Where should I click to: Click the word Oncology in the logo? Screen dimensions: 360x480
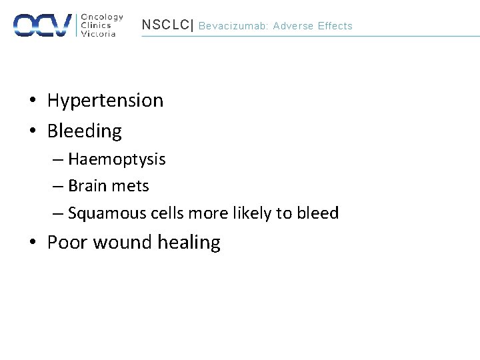[101, 17]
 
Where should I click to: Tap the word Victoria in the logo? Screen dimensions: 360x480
[98, 34]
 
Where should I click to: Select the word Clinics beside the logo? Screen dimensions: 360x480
[95, 25]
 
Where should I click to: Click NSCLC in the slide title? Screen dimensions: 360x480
[165, 25]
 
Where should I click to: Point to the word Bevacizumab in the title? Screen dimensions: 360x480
[228, 26]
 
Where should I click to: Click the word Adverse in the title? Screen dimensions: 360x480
[293, 26]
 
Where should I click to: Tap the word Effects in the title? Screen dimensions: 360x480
[335, 26]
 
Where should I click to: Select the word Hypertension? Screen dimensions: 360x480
[105, 101]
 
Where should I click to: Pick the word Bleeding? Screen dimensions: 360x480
[84, 131]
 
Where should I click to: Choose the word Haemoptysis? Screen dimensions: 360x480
[117, 160]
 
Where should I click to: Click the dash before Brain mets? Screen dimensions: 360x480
[58, 187]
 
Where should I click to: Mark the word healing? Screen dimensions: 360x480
[189, 243]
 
